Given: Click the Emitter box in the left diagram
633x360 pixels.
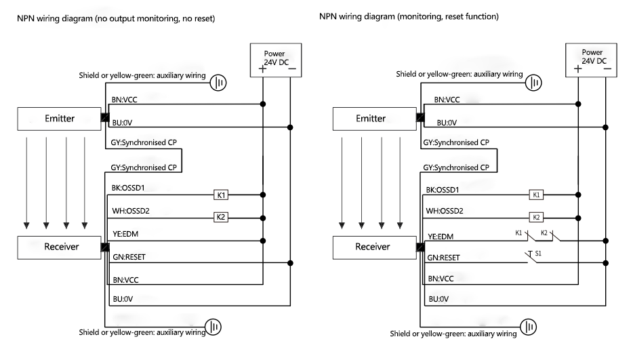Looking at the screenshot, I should (x=59, y=119).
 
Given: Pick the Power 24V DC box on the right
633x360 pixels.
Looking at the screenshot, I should (x=592, y=59).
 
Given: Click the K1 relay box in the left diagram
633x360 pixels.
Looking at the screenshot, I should (x=221, y=195).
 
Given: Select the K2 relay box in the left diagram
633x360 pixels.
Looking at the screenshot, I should (x=221, y=218).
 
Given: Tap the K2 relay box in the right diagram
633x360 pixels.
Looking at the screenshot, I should (x=537, y=218).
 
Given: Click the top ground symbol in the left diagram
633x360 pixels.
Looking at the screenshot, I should (x=219, y=82).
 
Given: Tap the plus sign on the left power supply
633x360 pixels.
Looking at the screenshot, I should (x=262, y=68).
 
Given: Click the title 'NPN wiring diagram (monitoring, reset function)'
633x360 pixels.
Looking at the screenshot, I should (x=409, y=16).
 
